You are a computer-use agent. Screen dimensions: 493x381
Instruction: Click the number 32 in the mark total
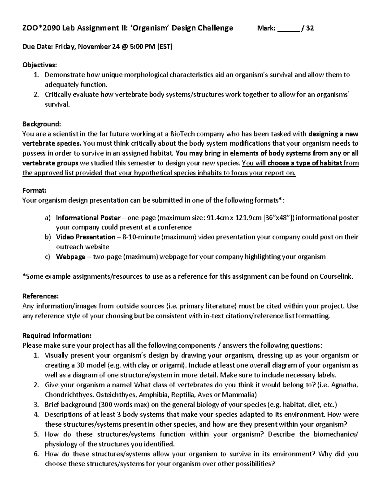click(310, 28)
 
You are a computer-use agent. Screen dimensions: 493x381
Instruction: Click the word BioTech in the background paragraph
click(181, 133)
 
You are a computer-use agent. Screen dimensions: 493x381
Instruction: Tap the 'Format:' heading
click(35, 190)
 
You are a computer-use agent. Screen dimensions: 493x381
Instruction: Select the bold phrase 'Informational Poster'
click(88, 218)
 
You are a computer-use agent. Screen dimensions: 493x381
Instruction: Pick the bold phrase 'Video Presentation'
click(86, 237)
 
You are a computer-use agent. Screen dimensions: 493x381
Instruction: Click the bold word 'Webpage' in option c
click(70, 257)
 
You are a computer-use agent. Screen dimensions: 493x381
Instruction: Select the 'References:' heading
click(40, 296)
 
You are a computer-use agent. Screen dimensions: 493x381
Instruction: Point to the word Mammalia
click(238, 395)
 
